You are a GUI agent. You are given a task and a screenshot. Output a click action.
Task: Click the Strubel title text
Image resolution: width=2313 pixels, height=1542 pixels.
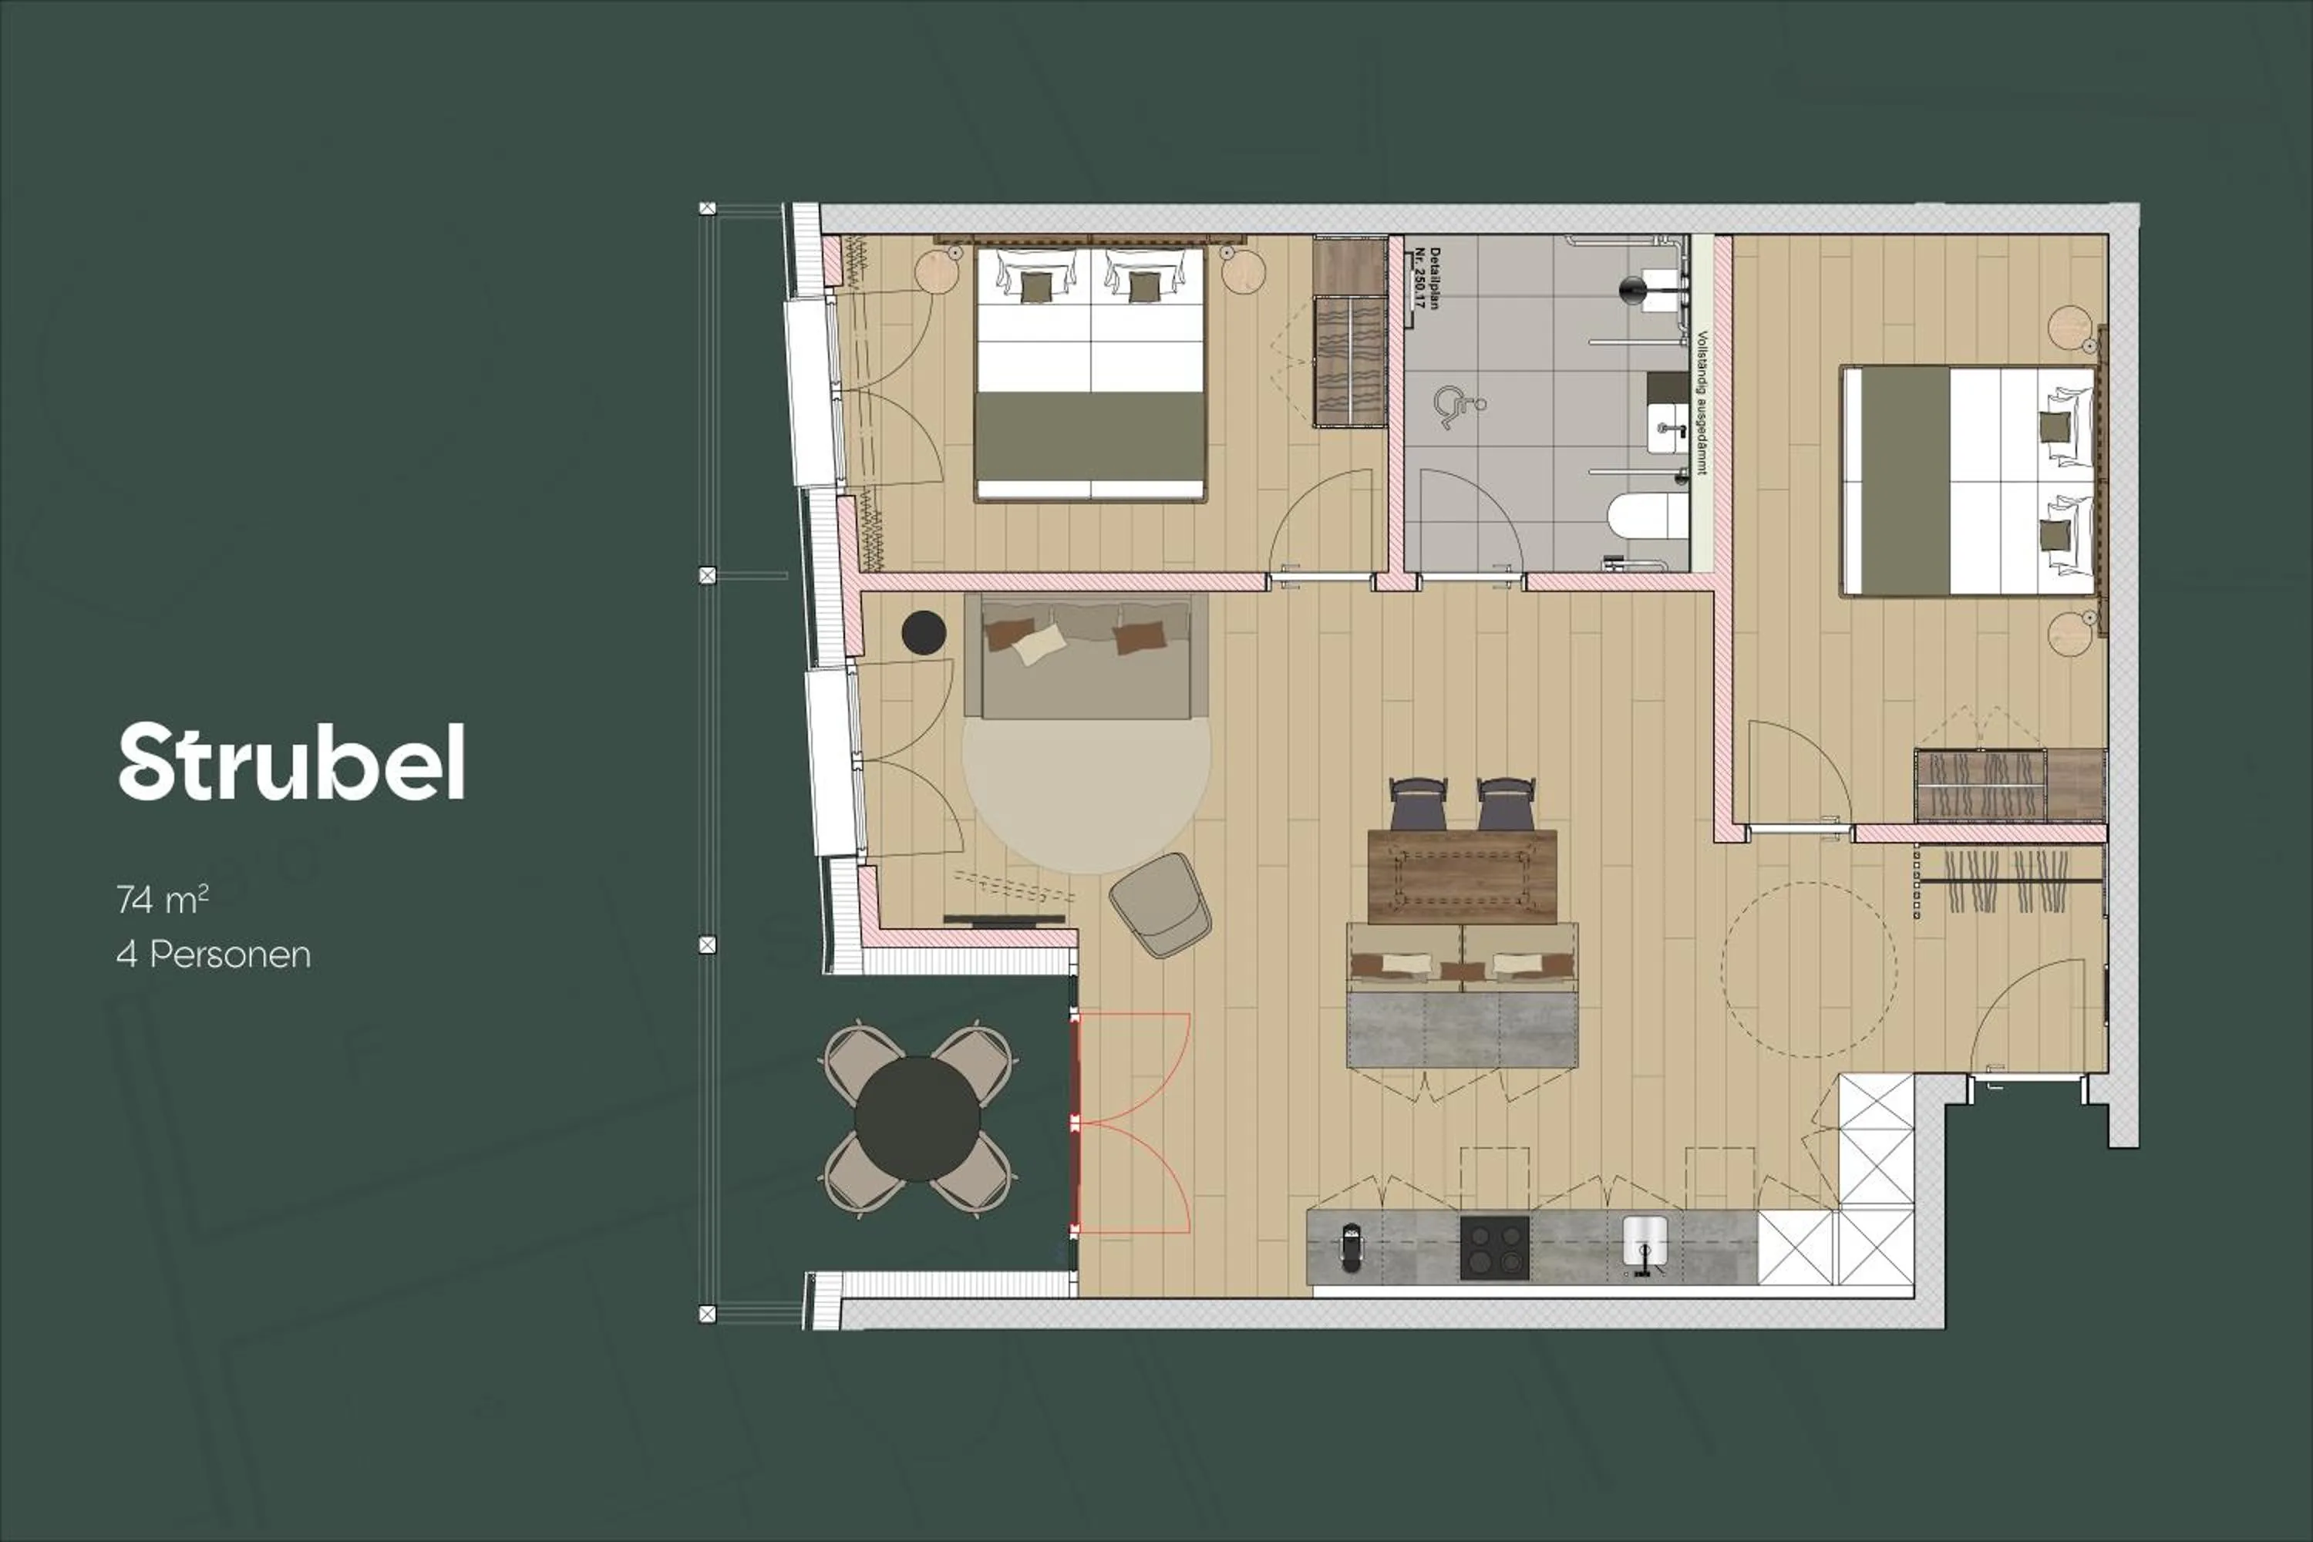pos(291,763)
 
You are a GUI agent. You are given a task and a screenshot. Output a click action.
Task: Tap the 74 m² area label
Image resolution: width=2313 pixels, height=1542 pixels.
pos(162,899)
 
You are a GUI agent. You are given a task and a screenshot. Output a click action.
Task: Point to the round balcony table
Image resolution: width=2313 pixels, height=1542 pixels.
pos(917,1119)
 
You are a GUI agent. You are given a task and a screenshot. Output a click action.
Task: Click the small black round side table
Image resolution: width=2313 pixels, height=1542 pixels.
pos(924,632)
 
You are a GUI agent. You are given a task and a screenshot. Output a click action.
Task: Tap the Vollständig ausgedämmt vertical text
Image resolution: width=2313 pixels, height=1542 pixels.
pos(1702,402)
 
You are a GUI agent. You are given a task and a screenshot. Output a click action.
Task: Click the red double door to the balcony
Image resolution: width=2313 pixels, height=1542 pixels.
pos(1077,1123)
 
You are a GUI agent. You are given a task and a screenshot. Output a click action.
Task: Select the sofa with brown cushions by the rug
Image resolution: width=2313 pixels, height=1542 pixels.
pos(1086,656)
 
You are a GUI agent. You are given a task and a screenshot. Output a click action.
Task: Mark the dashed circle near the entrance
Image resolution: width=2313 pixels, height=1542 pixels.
pos(1809,970)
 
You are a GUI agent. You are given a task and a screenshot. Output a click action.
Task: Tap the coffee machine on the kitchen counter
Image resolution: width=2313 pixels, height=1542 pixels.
pos(1352,1247)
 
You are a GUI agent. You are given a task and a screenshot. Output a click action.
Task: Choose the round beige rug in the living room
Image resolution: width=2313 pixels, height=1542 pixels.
pos(1086,792)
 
